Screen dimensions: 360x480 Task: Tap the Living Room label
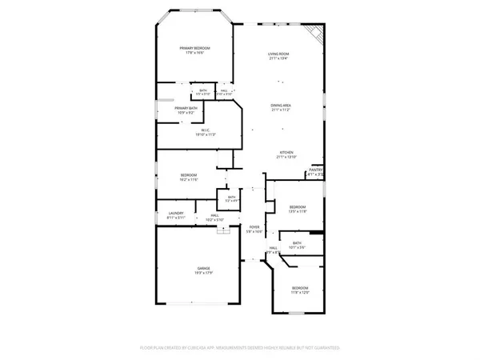(278, 54)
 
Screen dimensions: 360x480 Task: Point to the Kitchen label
(286, 152)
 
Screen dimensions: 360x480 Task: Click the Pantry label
(315, 170)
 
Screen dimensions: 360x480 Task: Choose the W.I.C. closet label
(205, 131)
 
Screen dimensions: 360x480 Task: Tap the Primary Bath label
(186, 108)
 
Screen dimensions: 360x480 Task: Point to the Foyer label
(254, 227)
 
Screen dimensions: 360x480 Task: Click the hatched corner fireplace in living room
(317, 34)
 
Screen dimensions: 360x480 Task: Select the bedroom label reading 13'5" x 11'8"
(298, 209)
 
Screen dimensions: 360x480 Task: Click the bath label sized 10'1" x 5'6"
(297, 246)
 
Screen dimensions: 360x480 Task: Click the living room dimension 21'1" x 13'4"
(278, 58)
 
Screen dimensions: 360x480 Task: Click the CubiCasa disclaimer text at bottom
(240, 349)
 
